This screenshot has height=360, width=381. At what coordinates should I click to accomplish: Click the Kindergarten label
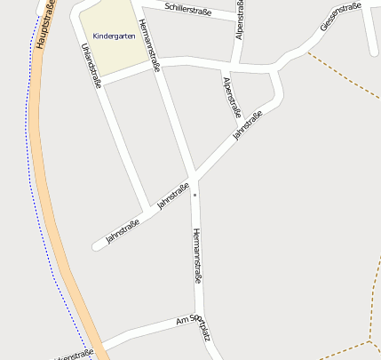click(x=114, y=36)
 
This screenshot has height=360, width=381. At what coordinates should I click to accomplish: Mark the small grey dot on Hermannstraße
click(x=196, y=190)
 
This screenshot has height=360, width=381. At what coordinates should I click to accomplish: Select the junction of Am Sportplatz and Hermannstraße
click(x=199, y=316)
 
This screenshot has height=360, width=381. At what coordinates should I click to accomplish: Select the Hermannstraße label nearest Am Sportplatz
click(x=196, y=255)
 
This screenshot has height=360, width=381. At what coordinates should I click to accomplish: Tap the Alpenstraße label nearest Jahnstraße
click(x=232, y=97)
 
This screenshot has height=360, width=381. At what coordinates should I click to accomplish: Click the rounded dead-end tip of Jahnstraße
click(x=96, y=245)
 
